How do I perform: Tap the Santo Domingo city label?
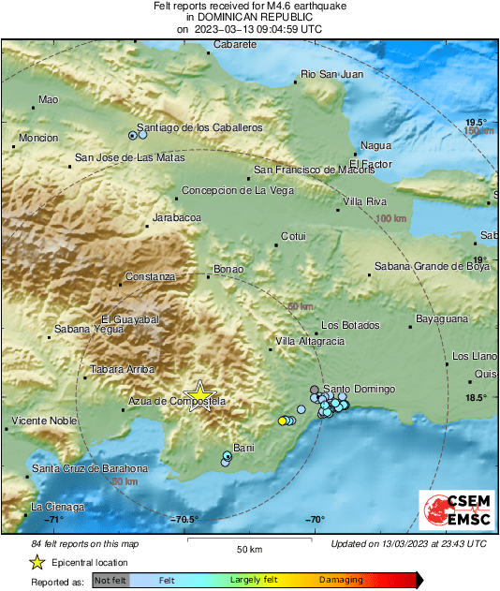pyautogui.click(x=359, y=389)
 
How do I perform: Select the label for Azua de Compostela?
pyautogui.click(x=177, y=402)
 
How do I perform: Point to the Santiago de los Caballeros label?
pyautogui.click(x=199, y=126)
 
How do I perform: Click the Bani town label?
pyautogui.click(x=243, y=448)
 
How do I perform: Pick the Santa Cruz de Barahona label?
pyautogui.click(x=90, y=468)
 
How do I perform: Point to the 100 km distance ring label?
pyautogui.click(x=392, y=218)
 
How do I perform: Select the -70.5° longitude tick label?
pyautogui.click(x=185, y=521)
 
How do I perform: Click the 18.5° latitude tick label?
pyautogui.click(x=477, y=398)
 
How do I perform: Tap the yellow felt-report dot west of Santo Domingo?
pyautogui.click(x=282, y=421)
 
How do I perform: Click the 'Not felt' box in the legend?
pyautogui.click(x=110, y=581)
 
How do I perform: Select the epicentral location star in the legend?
pyautogui.click(x=37, y=562)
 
